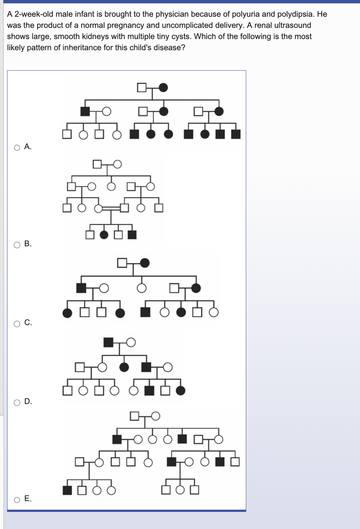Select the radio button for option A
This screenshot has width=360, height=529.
tap(17, 147)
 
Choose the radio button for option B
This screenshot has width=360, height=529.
tap(17, 245)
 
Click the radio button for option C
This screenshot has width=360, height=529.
tap(17, 324)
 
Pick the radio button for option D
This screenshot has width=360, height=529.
tap(17, 403)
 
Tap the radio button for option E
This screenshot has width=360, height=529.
tap(17, 500)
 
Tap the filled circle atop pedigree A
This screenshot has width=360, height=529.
tap(163, 87)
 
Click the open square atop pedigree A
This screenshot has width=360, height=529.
tap(142, 87)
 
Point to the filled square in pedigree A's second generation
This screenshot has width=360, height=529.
tap(85, 111)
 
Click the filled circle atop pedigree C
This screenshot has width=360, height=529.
tap(145, 263)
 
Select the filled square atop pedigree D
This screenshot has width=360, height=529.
tap(108, 342)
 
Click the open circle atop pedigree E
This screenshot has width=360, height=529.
tap(155, 416)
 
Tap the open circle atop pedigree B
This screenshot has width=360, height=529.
tap(118, 164)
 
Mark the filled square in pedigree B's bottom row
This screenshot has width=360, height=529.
tap(132, 235)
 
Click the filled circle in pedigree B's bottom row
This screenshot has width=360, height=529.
tap(104, 235)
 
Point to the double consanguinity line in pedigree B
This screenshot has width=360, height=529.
tap(111, 209)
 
